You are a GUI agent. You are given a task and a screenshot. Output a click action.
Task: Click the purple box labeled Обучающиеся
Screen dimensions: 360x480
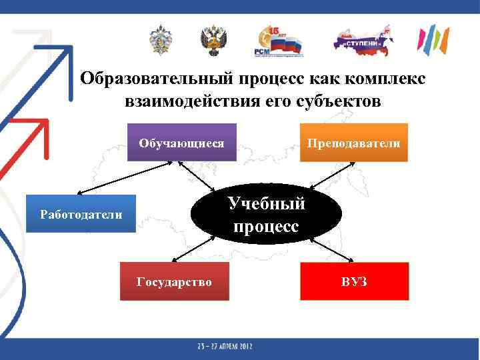(x=181, y=143)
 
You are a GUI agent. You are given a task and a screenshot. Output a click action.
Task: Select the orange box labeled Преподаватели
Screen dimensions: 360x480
(x=353, y=143)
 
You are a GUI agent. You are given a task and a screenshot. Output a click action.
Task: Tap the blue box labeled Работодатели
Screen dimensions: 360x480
(x=81, y=214)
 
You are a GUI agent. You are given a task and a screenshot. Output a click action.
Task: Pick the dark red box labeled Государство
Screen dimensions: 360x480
(x=174, y=282)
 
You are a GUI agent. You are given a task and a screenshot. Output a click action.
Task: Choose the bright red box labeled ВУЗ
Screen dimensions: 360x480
(x=354, y=282)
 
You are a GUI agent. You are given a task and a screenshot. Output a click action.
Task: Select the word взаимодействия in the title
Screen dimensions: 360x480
(x=189, y=102)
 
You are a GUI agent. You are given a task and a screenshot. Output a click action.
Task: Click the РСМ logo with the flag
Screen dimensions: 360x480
(x=277, y=41)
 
